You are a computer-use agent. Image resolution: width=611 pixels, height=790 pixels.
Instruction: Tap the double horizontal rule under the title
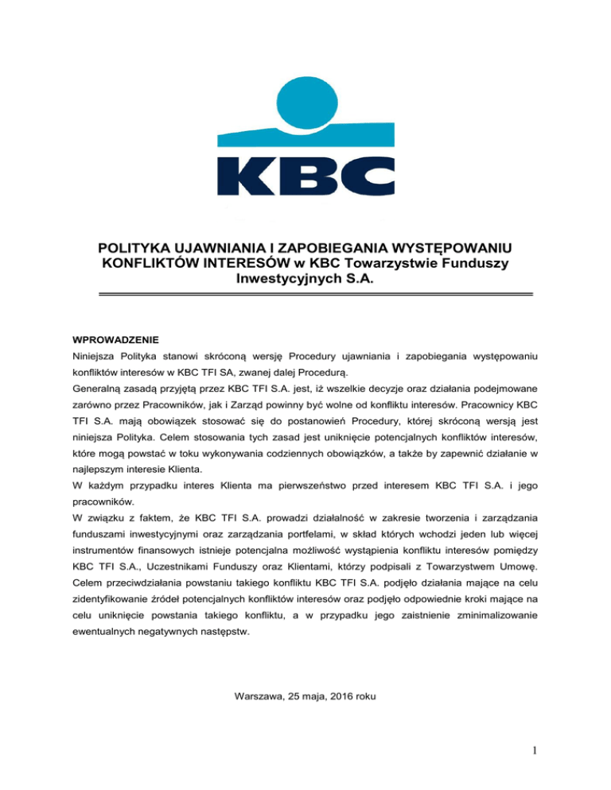pyautogui.click(x=305, y=295)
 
